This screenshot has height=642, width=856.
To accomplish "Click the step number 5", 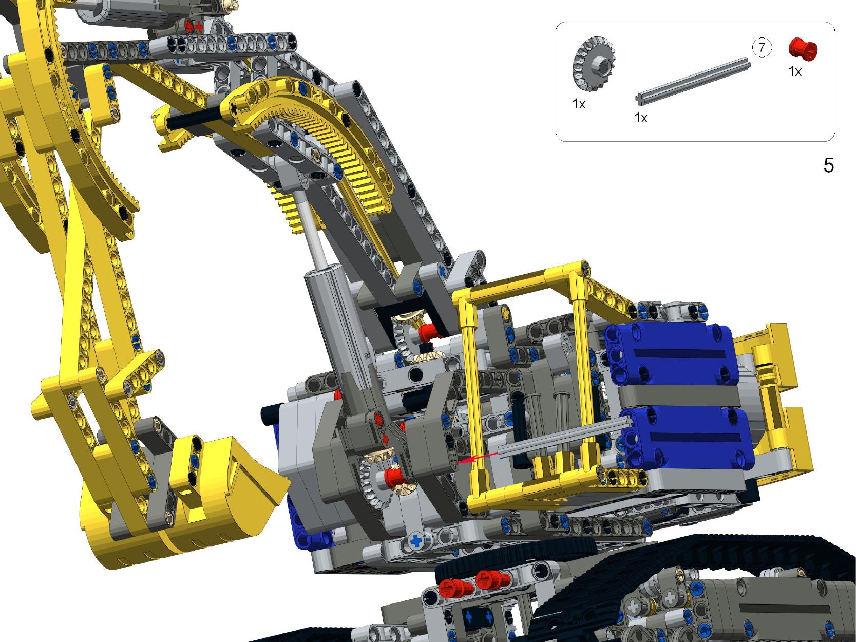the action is click(x=829, y=165).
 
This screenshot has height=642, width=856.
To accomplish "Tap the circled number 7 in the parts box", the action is click(x=762, y=48).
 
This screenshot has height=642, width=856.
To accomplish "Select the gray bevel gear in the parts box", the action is click(x=593, y=64).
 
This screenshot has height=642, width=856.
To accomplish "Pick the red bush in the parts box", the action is click(x=803, y=50).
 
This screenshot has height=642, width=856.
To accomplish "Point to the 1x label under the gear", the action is click(x=579, y=104).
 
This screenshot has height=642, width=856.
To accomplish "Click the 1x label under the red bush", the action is click(x=795, y=71).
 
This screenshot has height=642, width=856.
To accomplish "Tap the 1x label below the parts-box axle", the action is click(x=641, y=118).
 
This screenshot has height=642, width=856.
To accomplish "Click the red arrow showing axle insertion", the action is click(x=477, y=458).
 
